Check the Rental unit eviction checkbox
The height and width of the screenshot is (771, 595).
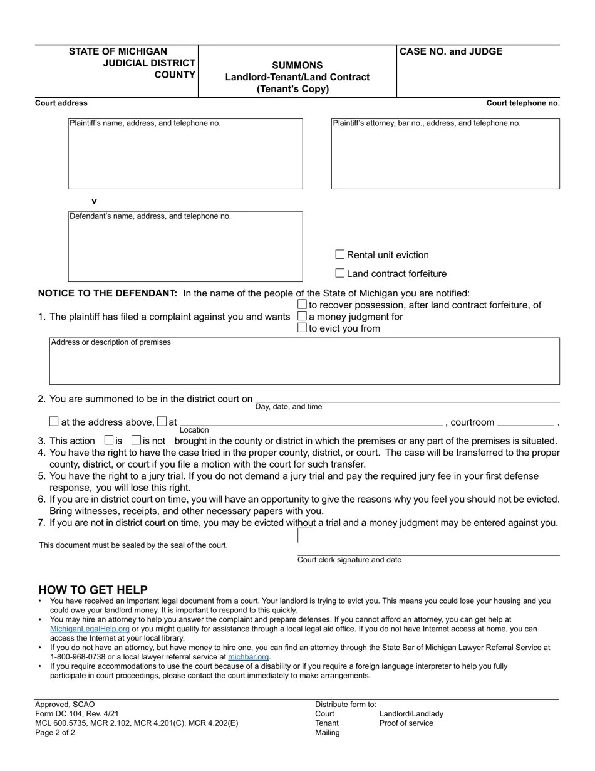pos(340,254)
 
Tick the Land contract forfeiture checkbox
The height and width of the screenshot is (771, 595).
pos(340,273)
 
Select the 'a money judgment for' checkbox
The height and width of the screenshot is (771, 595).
pos(303,316)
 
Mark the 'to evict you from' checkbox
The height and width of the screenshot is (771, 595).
pos(303,328)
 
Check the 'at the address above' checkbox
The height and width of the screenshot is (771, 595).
pos(54,421)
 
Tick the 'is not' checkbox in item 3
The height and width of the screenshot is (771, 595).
pos(136,440)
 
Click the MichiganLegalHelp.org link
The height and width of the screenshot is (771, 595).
pos(90,629)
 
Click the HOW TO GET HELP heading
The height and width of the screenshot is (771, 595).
pos(93,590)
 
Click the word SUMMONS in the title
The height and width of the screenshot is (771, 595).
pos(297,65)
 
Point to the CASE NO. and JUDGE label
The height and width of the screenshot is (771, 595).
pos(451,51)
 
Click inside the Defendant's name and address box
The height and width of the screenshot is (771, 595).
pos(185,251)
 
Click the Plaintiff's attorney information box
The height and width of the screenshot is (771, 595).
pos(445,157)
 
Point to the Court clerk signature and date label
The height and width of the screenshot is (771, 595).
pos(349,560)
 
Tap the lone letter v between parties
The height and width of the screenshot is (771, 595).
pos(95,201)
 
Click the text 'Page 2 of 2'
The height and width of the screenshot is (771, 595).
pos(55,732)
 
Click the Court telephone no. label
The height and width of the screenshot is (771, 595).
pos(523,103)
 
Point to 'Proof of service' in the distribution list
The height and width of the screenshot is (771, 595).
pos(406,723)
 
